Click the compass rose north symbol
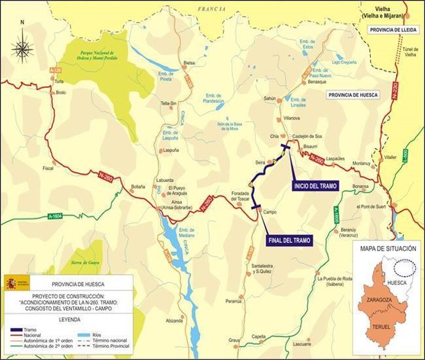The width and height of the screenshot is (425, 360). point(23,46)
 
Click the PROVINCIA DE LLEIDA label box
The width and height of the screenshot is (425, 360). point(393,30)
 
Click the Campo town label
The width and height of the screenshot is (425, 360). point(270,211)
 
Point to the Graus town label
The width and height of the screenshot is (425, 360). point(234,340)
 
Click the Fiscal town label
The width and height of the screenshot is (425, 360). point(49,168)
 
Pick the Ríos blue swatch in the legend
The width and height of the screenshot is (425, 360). point(82,336)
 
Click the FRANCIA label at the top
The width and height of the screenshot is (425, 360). point(212,9)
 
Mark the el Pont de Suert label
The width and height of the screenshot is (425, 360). point(373,208)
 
